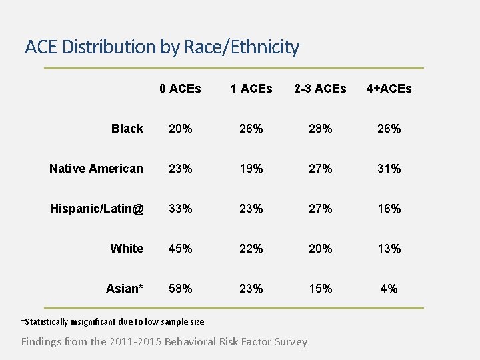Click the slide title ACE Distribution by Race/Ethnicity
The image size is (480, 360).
point(162,47)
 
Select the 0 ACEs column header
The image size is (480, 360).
point(180,89)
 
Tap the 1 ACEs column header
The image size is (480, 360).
point(251,89)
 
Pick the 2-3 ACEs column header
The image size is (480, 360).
point(321,89)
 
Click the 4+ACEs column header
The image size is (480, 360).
point(389,89)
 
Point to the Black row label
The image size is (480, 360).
point(127,129)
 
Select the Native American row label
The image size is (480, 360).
point(96,169)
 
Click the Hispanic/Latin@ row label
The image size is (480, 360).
point(97,209)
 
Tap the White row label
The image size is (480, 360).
point(127,249)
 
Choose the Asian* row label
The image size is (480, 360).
point(125,289)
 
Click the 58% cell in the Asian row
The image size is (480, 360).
point(181,289)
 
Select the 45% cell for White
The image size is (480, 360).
point(181,249)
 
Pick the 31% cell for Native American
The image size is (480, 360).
point(389,169)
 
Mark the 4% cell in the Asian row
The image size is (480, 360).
point(389,289)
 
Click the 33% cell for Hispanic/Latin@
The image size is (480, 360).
point(181,209)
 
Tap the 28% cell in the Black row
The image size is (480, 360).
point(321,129)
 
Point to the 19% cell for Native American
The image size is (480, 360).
point(251,169)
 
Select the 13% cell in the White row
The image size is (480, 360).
point(389,249)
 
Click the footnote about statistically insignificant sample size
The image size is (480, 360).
point(113,322)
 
